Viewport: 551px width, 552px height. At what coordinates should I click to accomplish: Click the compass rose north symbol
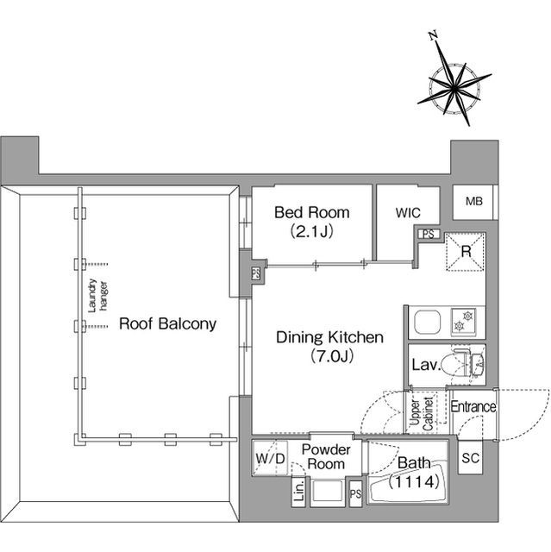tap(454, 85)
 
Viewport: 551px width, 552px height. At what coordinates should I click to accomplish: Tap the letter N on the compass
tap(434, 35)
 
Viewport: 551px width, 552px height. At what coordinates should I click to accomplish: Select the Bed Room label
tap(312, 213)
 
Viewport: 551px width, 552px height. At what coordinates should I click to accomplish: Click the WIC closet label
tap(408, 213)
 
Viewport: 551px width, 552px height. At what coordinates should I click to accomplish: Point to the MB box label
tap(474, 201)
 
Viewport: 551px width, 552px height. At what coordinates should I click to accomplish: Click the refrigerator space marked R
tap(466, 251)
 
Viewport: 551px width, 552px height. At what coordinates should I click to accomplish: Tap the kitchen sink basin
tap(427, 322)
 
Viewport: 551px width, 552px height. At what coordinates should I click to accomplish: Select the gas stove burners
tap(464, 320)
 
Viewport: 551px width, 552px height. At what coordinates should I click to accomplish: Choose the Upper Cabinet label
tap(422, 413)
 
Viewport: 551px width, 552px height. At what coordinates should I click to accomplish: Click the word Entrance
tap(473, 406)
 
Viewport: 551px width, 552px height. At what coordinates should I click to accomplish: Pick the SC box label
tap(471, 458)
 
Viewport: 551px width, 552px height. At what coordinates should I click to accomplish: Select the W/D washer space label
tap(270, 458)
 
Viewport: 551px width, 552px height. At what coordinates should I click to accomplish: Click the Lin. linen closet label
tap(298, 491)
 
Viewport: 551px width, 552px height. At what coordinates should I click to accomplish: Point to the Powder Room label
tap(326, 456)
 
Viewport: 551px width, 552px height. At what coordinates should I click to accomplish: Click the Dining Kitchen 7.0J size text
tap(332, 356)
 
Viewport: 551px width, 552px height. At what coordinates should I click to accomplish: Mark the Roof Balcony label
tap(167, 324)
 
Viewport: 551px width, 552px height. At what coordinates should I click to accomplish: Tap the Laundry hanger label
tap(97, 296)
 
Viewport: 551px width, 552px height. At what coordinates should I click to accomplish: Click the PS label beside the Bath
tap(355, 493)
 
